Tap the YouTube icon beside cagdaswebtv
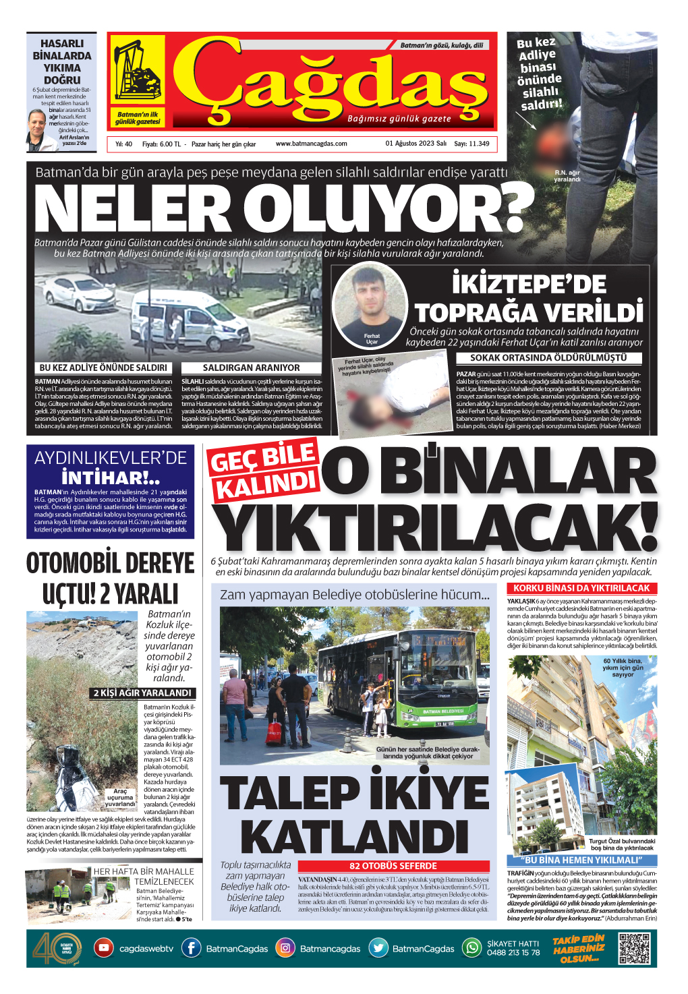tap(103, 948)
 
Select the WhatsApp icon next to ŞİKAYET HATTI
tap(471, 948)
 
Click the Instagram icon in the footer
tap(285, 948)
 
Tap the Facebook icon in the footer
tap(192, 948)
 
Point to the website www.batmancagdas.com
tap(311, 144)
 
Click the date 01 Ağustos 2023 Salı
tap(415, 144)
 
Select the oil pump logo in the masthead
tap(136, 71)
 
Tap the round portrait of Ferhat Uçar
tap(371, 303)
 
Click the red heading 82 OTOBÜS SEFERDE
tap(393, 866)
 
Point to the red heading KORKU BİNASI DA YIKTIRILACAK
tap(581, 588)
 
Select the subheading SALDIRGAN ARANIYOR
tap(251, 368)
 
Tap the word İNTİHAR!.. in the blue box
tap(111, 477)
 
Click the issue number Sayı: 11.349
tap(471, 144)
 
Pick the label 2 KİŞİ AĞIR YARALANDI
tap(142, 693)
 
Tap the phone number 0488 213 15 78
tap(513, 953)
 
